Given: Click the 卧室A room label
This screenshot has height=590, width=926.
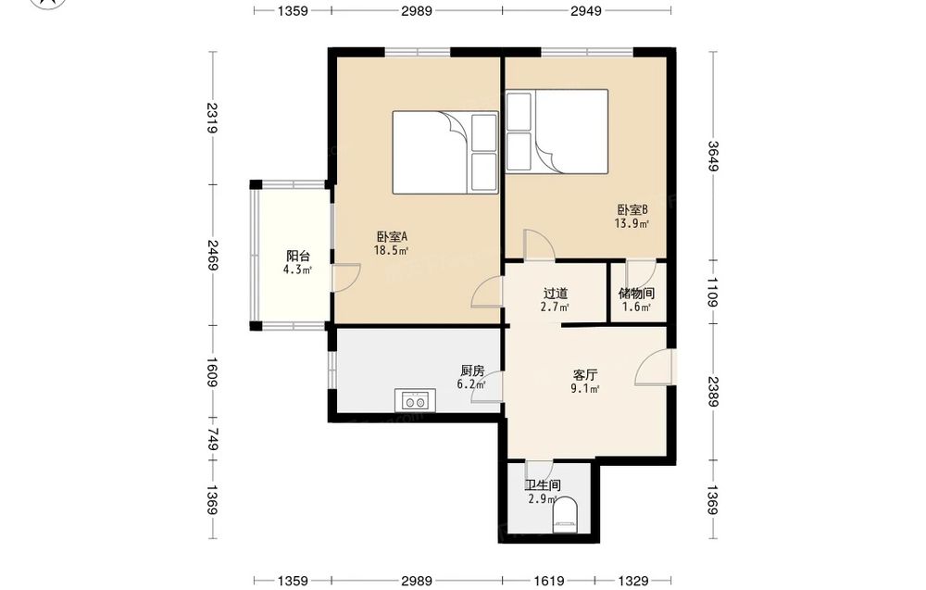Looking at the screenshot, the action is [x=392, y=237].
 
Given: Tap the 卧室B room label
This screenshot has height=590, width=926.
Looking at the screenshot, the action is [x=632, y=209].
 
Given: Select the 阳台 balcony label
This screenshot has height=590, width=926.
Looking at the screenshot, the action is [x=297, y=257].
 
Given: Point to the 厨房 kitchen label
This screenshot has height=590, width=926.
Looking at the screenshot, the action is [x=472, y=370].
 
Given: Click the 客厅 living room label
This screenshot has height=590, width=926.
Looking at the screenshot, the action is [x=585, y=375].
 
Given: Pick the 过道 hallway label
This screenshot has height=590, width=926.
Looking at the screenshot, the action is [x=555, y=294].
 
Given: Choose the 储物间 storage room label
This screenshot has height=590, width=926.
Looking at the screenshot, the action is [x=636, y=294].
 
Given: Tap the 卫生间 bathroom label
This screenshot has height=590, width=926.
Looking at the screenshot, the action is [x=543, y=485].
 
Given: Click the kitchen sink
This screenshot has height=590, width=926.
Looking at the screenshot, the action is [x=415, y=400].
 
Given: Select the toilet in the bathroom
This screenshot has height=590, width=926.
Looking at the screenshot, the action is [x=566, y=514].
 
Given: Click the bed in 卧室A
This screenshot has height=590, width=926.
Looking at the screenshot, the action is [x=444, y=153].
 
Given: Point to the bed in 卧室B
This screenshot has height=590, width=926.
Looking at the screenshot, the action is [x=557, y=132].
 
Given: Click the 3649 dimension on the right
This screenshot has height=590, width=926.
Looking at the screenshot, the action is [x=713, y=156].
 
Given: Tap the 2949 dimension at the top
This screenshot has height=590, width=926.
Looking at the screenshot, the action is [x=586, y=10].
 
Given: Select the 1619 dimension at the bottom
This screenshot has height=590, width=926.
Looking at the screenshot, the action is [x=548, y=581].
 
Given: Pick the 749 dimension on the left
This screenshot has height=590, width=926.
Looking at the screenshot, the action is [x=213, y=439].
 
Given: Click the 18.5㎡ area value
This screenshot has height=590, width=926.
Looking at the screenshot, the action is [x=391, y=250].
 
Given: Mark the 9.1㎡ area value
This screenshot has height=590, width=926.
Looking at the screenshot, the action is [x=585, y=389].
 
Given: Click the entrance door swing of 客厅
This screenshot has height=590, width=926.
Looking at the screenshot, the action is [x=655, y=368].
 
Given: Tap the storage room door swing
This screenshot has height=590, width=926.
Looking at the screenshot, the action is [x=640, y=274].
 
